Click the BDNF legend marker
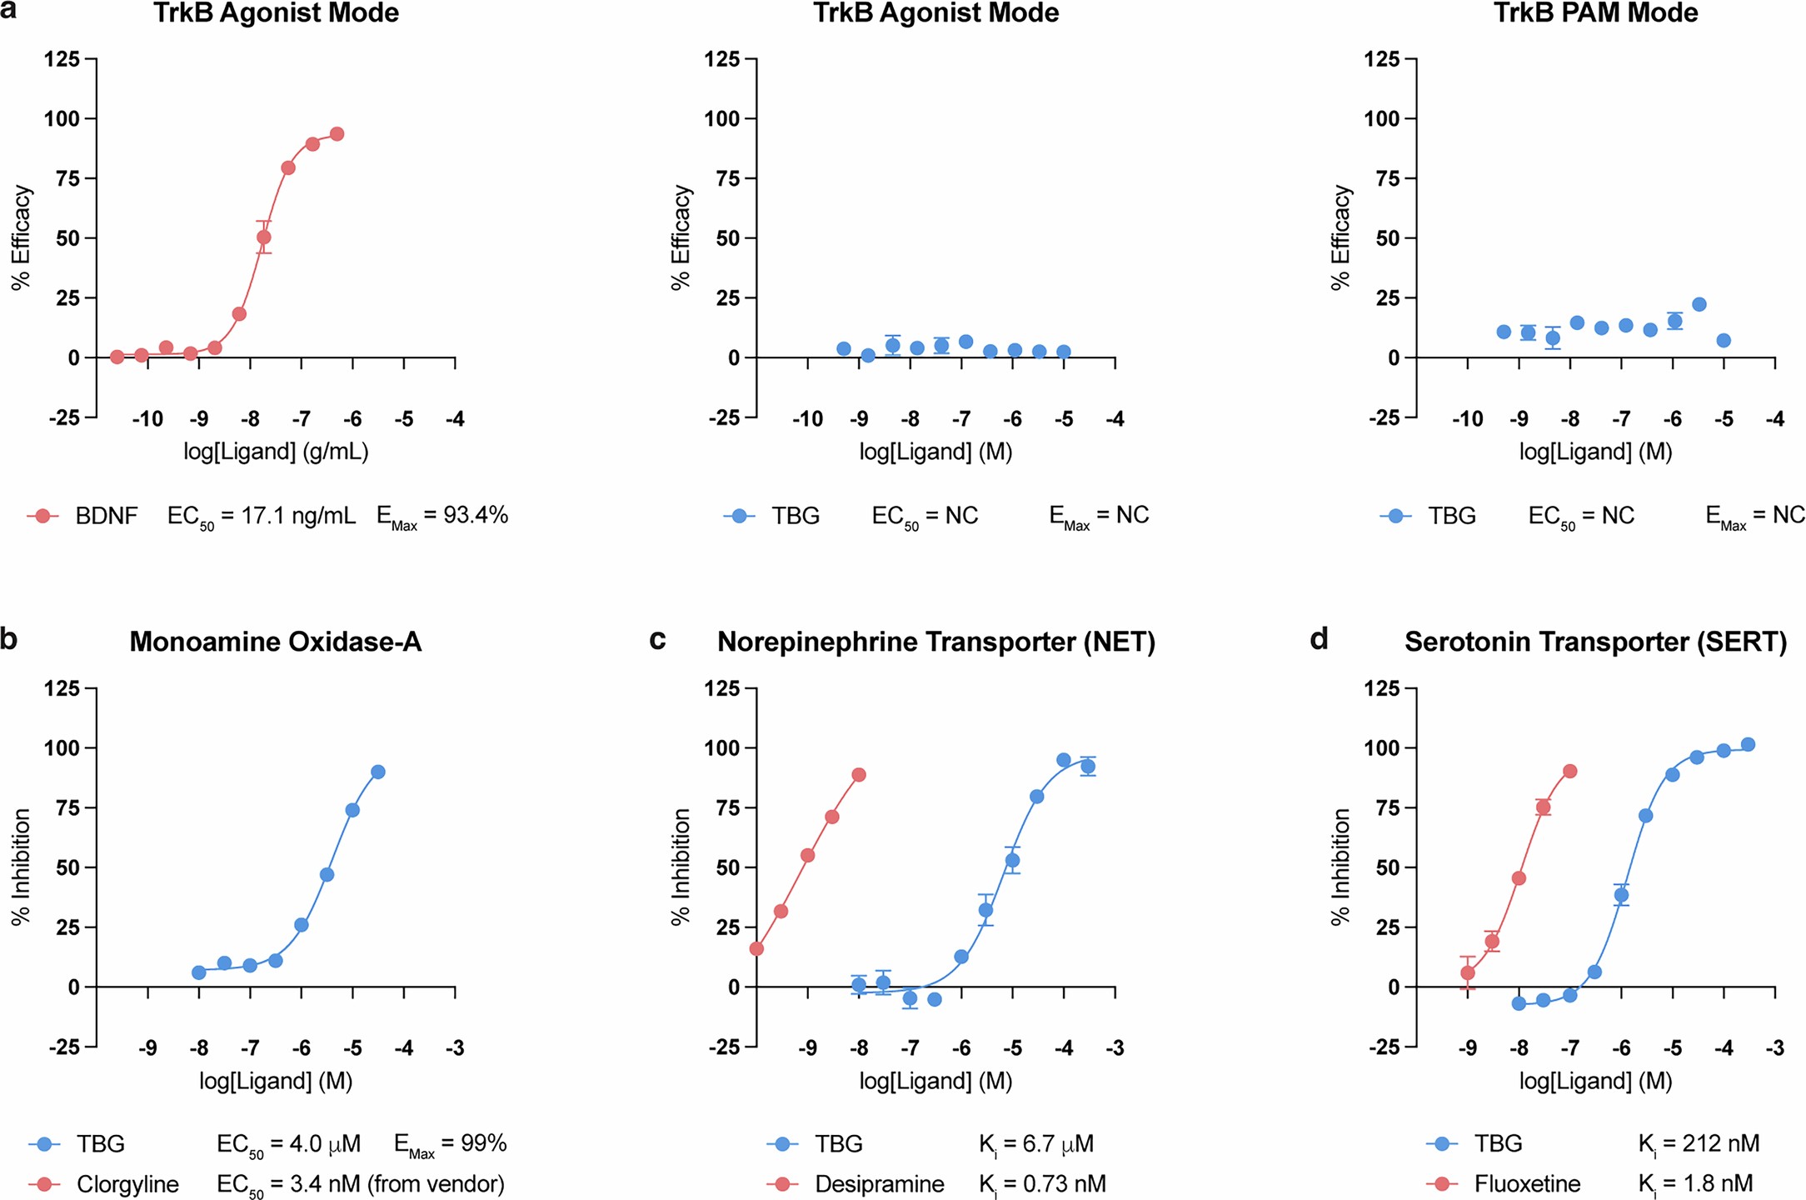pyautogui.click(x=42, y=516)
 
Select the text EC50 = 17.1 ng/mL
pyautogui.click(x=261, y=517)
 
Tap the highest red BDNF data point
pyautogui.click(x=337, y=134)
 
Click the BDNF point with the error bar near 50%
pyautogui.click(x=264, y=237)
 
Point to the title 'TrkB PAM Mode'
pyautogui.click(x=1595, y=13)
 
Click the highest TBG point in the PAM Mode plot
pyautogui.click(x=1699, y=304)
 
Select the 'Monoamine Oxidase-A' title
pyautogui.click(x=275, y=642)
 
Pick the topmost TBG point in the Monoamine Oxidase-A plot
pyautogui.click(x=377, y=772)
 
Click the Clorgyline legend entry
pyautogui.click(x=127, y=1184)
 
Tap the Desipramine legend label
pyautogui.click(x=879, y=1184)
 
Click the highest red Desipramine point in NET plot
pyautogui.click(x=859, y=775)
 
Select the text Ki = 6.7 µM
pyautogui.click(x=1035, y=1144)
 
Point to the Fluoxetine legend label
pyautogui.click(x=1527, y=1184)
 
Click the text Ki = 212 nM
pyautogui.click(x=1699, y=1144)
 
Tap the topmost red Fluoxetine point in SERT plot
pyautogui.click(x=1570, y=772)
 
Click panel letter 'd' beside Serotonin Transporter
pyautogui.click(x=1319, y=639)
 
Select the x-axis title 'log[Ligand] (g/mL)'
pyautogui.click(x=276, y=452)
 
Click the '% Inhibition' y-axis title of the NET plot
pyautogui.click(x=681, y=867)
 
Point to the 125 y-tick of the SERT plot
pyautogui.click(x=1383, y=688)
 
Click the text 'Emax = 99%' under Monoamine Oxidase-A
pyautogui.click(x=450, y=1144)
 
